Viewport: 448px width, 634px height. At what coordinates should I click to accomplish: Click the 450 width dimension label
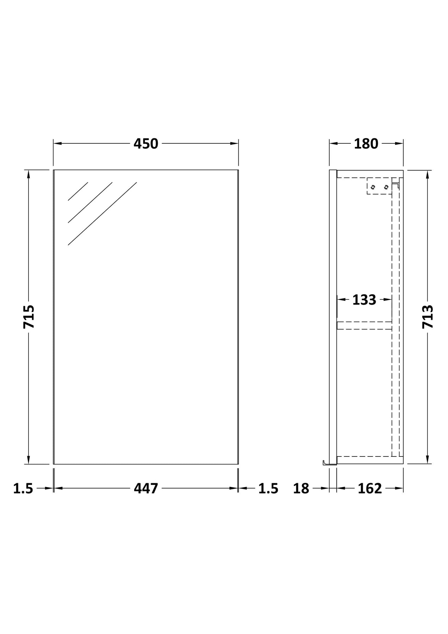tap(146, 144)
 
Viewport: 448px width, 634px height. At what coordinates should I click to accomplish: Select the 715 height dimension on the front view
tap(29, 317)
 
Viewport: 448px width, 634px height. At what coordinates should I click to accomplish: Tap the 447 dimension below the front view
tap(146, 488)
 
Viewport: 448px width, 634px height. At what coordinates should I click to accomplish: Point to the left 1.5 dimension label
tap(23, 489)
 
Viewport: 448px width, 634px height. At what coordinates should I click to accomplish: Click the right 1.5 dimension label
tap(268, 489)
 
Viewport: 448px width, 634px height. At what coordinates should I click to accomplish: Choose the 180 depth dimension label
tap(366, 144)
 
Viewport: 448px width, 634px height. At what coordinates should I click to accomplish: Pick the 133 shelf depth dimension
tap(364, 300)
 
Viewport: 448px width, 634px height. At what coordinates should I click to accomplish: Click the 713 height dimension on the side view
tap(428, 317)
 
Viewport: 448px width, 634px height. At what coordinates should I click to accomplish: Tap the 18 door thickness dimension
tap(301, 489)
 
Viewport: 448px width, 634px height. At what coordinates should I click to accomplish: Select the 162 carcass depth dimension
tap(370, 489)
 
